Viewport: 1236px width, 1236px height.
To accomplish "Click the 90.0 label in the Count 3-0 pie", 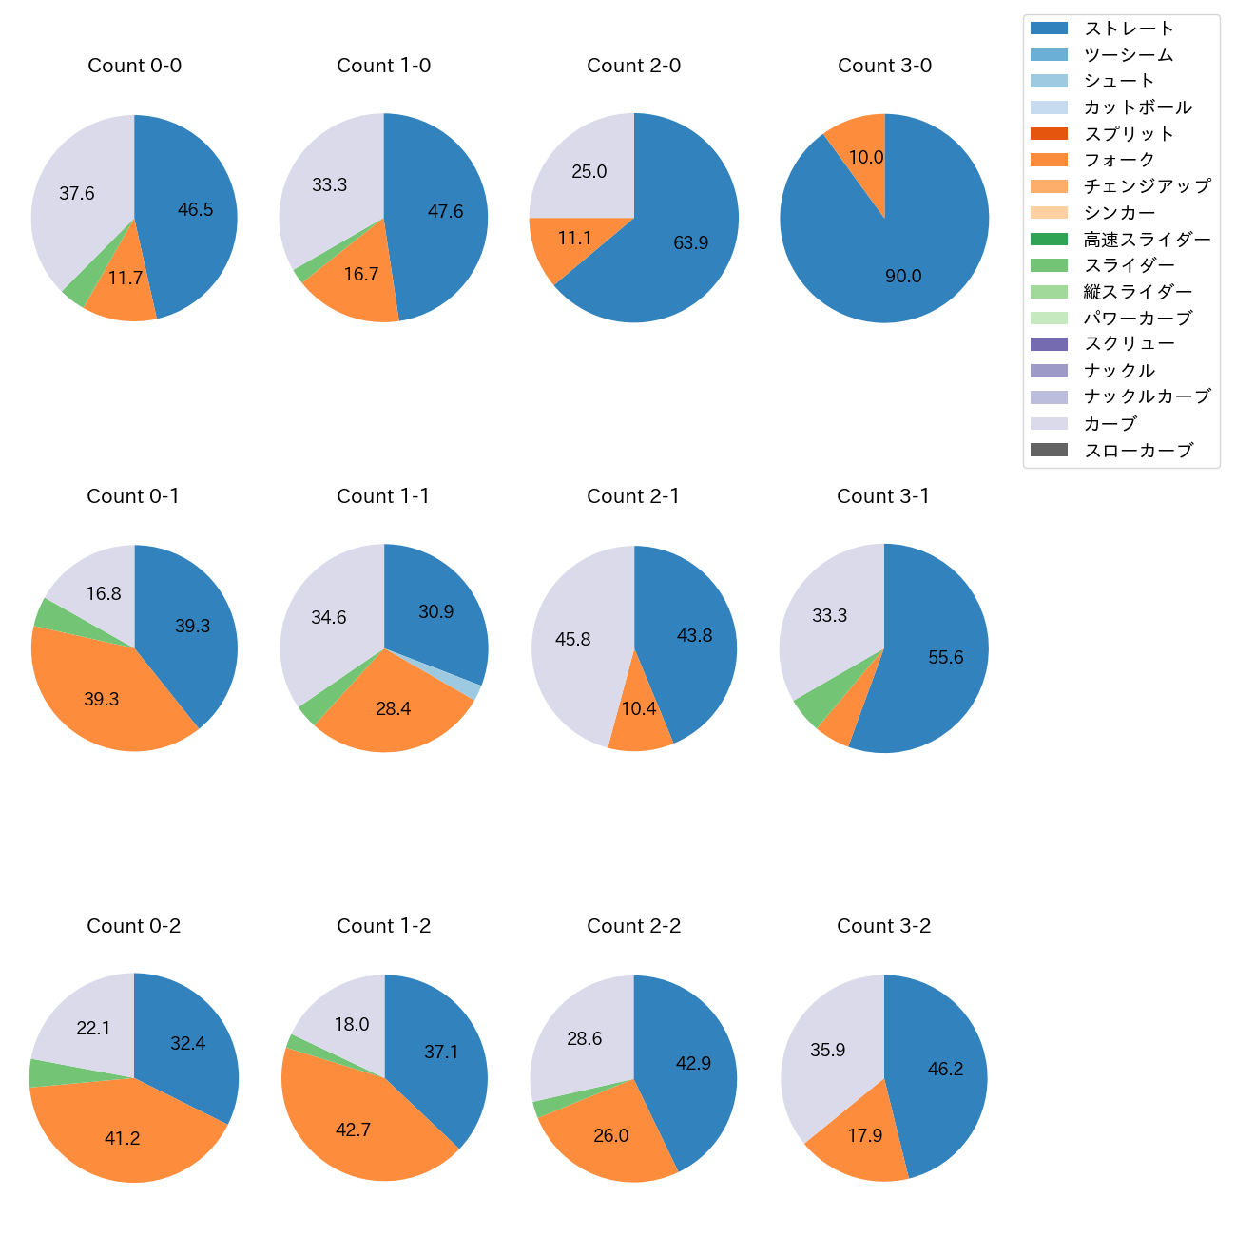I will pyautogui.click(x=902, y=277).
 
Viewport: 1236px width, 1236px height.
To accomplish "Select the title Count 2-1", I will pyautogui.click(x=633, y=496).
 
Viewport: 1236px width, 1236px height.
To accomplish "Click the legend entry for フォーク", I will pyautogui.click(x=1119, y=160).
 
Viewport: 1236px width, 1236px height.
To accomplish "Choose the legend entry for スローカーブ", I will pyautogui.click(x=1138, y=451).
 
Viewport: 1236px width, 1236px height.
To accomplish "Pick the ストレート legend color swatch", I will pyautogui.click(x=1048, y=29).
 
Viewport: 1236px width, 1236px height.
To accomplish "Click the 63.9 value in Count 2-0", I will pyautogui.click(x=690, y=243).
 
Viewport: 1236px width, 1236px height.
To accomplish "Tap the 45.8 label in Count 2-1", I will pyautogui.click(x=573, y=640).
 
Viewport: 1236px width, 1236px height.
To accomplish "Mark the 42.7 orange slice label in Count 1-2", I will pyautogui.click(x=353, y=1130).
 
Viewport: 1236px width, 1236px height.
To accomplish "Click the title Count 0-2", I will pyautogui.click(x=134, y=926).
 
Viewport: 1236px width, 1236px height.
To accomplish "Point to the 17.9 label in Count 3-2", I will pyautogui.click(x=865, y=1136).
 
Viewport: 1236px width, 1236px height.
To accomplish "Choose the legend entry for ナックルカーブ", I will pyautogui.click(x=1147, y=397).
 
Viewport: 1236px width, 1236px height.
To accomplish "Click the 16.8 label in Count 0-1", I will pyautogui.click(x=104, y=594).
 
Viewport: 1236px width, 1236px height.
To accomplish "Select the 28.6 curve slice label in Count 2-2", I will pyautogui.click(x=585, y=1039).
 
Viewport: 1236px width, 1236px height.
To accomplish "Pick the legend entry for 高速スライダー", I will pyautogui.click(x=1147, y=240).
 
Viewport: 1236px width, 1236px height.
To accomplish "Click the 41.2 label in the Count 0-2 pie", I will pyautogui.click(x=123, y=1139).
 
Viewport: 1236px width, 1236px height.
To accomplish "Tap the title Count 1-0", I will pyautogui.click(x=384, y=66).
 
